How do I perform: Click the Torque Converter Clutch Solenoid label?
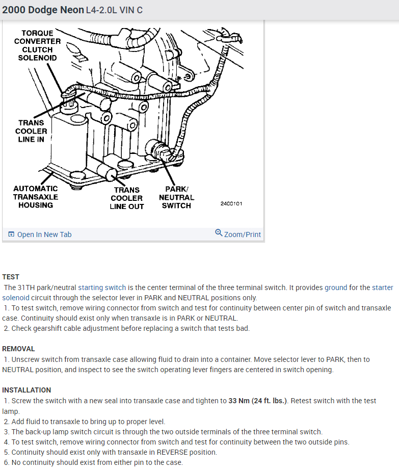[x=37, y=45]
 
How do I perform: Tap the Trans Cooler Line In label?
[x=31, y=131]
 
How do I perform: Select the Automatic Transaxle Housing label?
[x=36, y=197]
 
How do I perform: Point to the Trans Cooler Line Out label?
[x=127, y=198]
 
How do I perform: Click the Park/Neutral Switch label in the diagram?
[x=176, y=197]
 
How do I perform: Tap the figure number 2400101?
[x=231, y=203]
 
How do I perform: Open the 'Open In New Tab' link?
[x=44, y=234]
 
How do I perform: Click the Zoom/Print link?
[x=243, y=234]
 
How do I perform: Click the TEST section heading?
[x=11, y=277]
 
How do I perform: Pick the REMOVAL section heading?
[x=18, y=349]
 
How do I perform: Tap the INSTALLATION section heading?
[x=26, y=390]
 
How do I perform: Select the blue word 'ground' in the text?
[x=336, y=288]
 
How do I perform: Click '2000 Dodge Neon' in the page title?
[x=43, y=10]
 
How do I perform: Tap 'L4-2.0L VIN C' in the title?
[x=114, y=10]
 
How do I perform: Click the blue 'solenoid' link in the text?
[x=16, y=298]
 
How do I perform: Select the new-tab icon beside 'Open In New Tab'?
[x=11, y=234]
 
